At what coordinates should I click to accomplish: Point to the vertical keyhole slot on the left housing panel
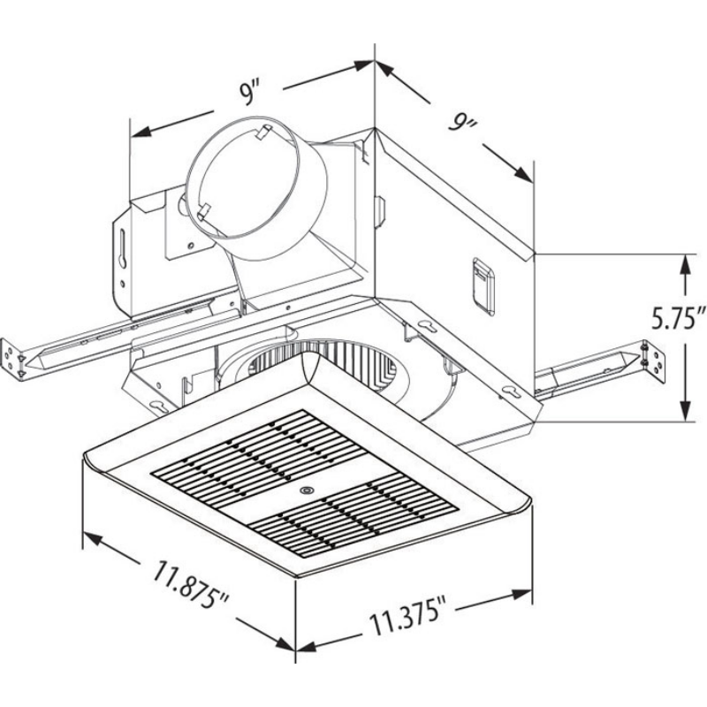click(120, 253)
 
